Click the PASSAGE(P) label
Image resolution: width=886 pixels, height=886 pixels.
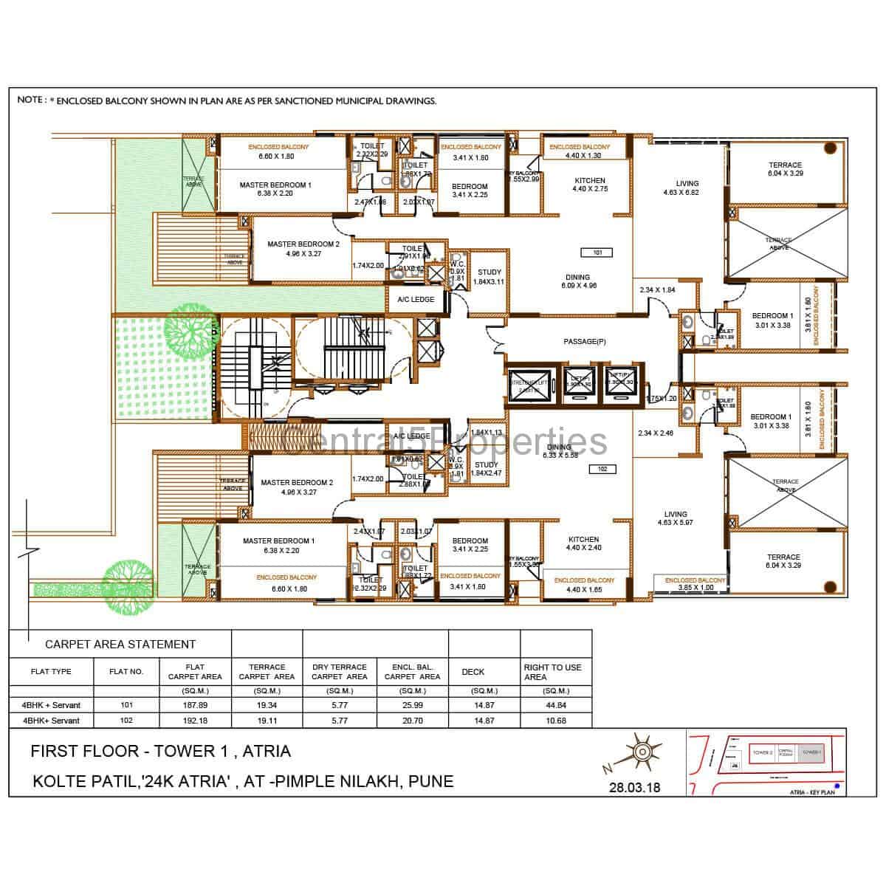pos(584,342)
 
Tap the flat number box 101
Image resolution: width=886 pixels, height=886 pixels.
pos(598,253)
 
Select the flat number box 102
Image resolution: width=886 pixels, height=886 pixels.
pos(602,469)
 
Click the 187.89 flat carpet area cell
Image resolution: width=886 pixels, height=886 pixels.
pos(195,705)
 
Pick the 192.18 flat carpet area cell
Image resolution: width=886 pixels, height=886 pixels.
pos(195,720)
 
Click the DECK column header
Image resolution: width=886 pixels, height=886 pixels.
pos(473,672)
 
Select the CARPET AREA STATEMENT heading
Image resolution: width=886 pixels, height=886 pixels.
pos(120,645)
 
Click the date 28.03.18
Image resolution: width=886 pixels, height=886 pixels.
pos(634,787)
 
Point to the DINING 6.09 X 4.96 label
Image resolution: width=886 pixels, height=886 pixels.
pos(578,282)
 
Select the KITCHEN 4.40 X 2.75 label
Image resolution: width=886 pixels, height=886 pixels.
pos(589,185)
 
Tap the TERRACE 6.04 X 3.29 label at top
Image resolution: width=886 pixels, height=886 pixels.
pos(784,169)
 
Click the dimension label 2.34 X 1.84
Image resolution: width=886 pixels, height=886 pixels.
pos(657,290)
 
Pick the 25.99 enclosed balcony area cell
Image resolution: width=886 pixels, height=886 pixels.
pos(411,705)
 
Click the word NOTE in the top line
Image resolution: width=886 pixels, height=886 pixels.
pos(30,100)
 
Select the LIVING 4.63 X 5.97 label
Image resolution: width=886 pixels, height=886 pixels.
pos(675,518)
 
